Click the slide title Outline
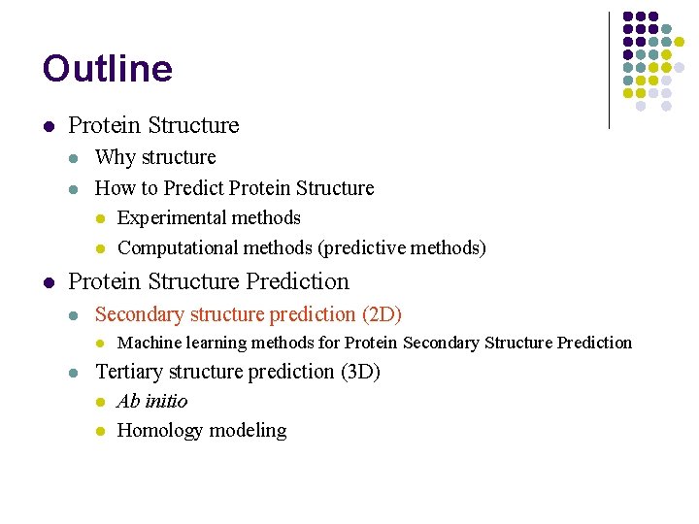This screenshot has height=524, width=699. tap(107, 69)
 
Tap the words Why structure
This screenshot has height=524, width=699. tap(155, 157)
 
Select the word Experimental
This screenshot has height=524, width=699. tap(170, 218)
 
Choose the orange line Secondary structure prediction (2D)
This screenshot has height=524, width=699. tap(249, 314)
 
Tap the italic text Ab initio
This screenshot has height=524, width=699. tap(152, 402)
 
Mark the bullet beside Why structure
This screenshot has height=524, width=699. tap(75, 158)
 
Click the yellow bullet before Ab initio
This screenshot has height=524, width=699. tap(99, 403)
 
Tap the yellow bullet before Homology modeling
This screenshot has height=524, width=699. tap(99, 432)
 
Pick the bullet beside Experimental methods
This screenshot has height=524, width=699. tap(99, 219)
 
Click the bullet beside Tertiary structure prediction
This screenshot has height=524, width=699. tap(75, 373)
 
